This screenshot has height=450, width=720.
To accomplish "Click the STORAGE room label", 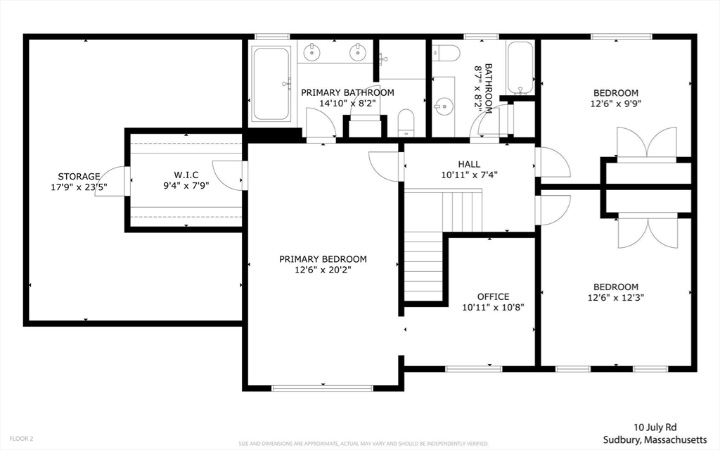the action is [x=79, y=176].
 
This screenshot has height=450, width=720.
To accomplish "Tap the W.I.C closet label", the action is [x=186, y=175].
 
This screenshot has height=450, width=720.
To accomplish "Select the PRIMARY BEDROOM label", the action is [x=323, y=259].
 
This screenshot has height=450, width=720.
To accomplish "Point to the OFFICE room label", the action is [x=493, y=296].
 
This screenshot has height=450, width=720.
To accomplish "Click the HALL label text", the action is [x=469, y=164].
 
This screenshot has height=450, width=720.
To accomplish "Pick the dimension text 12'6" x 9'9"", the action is [x=616, y=104].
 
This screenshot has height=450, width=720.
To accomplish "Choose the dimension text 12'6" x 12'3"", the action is [x=616, y=298].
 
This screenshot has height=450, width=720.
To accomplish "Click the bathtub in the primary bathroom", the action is [x=271, y=83].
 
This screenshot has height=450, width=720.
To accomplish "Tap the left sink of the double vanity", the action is [x=312, y=51].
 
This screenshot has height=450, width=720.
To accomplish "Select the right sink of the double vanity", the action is [x=357, y=51].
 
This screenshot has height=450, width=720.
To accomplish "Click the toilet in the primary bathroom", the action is [x=406, y=123].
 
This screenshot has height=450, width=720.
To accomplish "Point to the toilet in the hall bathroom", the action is [x=446, y=54].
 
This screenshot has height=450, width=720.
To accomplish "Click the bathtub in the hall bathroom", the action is [x=520, y=68].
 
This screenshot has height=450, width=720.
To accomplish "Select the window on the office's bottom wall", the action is [x=474, y=368].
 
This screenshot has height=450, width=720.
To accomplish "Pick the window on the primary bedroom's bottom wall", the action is [x=323, y=388].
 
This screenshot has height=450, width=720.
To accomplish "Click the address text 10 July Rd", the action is [x=655, y=427].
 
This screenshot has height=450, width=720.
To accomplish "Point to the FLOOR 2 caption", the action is [x=21, y=439].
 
